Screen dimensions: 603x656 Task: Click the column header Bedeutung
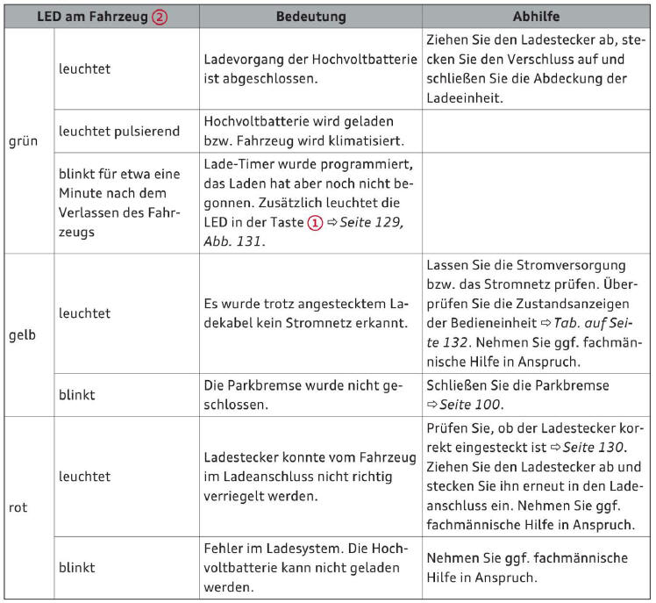tap(310, 17)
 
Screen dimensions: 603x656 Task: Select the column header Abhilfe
tap(537, 17)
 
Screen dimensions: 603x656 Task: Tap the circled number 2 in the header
tap(160, 17)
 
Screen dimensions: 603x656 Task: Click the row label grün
tap(23, 140)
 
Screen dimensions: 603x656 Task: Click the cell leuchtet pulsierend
tap(118, 131)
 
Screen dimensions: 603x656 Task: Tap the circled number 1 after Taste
tap(313, 223)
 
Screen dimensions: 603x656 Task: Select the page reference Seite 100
tap(471, 404)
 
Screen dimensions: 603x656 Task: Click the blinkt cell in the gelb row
tap(76, 394)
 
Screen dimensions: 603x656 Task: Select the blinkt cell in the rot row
tap(76, 567)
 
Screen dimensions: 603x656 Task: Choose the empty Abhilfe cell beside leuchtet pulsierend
tap(536, 131)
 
